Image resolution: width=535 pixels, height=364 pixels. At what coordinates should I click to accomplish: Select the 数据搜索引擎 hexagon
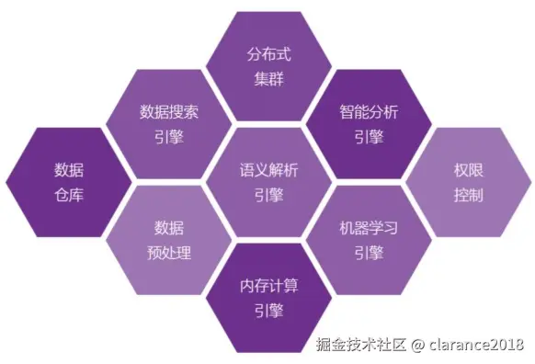[168, 124]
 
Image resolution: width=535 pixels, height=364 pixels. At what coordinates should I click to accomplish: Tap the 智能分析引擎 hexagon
[368, 124]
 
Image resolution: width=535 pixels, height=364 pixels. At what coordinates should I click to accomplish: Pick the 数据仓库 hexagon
[68, 182]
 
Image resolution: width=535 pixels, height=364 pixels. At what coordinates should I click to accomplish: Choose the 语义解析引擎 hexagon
[268, 182]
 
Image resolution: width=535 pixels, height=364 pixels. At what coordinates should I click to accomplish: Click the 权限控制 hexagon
[468, 182]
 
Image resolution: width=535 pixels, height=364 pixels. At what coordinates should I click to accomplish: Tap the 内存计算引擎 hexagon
[268, 296]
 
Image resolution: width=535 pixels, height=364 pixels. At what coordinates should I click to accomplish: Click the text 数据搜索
[168, 112]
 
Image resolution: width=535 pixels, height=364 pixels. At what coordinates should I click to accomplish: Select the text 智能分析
[368, 112]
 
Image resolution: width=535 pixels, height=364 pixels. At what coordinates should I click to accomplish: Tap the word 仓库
[68, 195]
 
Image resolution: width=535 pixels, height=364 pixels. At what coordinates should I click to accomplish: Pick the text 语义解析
[268, 170]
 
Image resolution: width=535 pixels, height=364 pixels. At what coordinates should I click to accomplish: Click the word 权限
[468, 170]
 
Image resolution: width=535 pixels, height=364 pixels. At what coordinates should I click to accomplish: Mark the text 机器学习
[368, 227]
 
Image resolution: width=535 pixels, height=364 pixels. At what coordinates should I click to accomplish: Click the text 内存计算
[268, 284]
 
